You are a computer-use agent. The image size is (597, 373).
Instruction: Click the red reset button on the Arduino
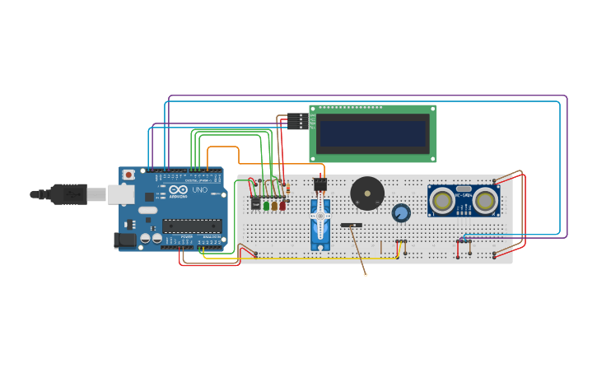pyautogui.click(x=128, y=175)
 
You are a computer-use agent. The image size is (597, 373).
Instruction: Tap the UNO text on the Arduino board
pyautogui.click(x=200, y=190)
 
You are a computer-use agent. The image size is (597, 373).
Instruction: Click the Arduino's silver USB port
pyautogui.click(x=121, y=194)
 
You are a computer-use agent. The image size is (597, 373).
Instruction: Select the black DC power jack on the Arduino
pyautogui.click(x=125, y=240)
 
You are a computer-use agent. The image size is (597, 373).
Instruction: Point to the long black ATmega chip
pyautogui.click(x=192, y=226)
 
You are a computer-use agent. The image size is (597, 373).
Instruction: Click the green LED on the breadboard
pyautogui.click(x=266, y=205)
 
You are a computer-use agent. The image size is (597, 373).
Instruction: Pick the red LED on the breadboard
pyautogui.click(x=282, y=205)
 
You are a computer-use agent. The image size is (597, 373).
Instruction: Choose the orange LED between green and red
pyautogui.click(x=274, y=205)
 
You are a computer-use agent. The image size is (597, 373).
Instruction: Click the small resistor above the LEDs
pyautogui.click(x=287, y=190)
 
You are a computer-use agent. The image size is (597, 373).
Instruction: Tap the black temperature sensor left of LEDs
pyautogui.click(x=255, y=203)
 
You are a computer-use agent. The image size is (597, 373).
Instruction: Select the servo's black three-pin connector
pyautogui.click(x=319, y=184)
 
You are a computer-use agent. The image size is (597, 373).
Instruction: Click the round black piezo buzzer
pyautogui.click(x=366, y=193)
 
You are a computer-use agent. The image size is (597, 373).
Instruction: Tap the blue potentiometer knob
pyautogui.click(x=401, y=213)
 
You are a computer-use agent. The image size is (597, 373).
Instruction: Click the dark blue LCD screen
pyautogui.click(x=373, y=133)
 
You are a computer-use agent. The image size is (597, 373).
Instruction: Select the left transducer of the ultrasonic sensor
pyautogui.click(x=442, y=200)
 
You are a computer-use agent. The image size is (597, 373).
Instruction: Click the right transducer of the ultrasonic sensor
pyautogui.click(x=485, y=200)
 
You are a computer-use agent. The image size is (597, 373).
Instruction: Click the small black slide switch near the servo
pyautogui.click(x=352, y=224)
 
